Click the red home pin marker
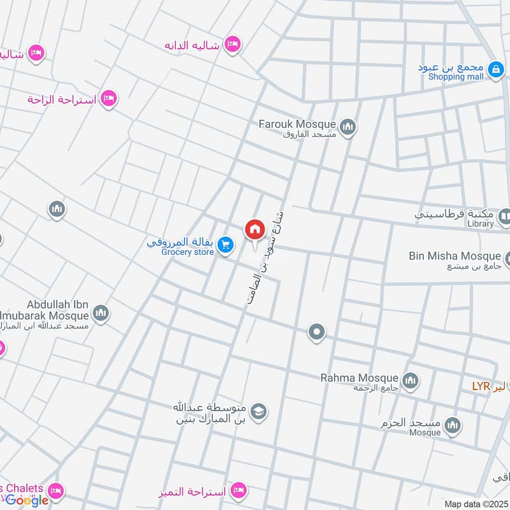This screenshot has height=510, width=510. click(x=254, y=230)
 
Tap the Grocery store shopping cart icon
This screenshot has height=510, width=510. click(x=225, y=244)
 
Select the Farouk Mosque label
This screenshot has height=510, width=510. click(x=296, y=123)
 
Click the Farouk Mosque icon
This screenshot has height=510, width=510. click(x=347, y=128)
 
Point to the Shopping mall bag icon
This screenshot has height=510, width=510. click(x=495, y=69)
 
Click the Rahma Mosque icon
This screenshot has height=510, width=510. click(x=411, y=381)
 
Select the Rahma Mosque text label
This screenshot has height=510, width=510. click(x=360, y=377)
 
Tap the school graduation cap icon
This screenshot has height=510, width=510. click(x=258, y=411)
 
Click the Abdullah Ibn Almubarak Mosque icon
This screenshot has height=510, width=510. click(x=101, y=313)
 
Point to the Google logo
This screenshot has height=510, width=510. click(x=27, y=500)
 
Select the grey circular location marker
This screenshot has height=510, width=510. click(x=316, y=331)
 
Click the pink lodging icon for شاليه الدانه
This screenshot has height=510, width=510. click(x=233, y=43)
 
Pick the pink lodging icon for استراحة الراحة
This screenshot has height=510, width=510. click(x=109, y=98)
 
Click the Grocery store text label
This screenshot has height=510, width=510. click(x=187, y=252)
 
